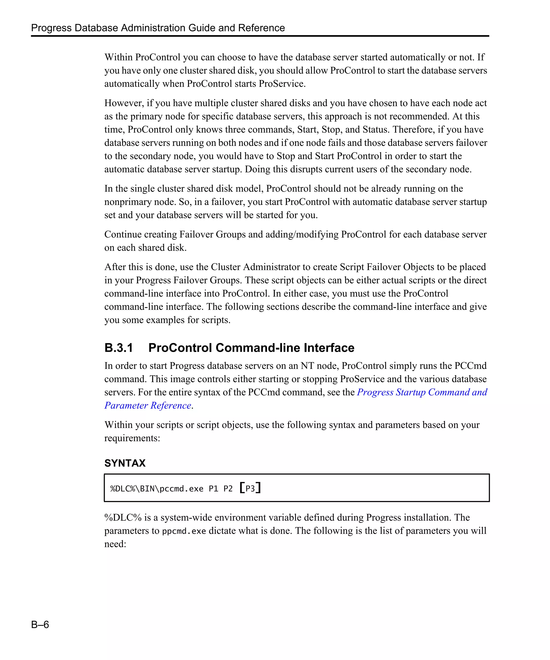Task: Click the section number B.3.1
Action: pyautogui.click(x=118, y=348)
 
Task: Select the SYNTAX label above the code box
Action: pyautogui.click(x=125, y=463)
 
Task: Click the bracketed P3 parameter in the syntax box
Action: pyautogui.click(x=250, y=488)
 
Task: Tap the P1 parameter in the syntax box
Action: pyautogui.click(x=214, y=489)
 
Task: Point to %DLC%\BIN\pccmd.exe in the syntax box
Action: pyautogui.click(x=157, y=489)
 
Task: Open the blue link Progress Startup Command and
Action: pyautogui.click(x=422, y=392)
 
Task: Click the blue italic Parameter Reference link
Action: pyautogui.click(x=148, y=405)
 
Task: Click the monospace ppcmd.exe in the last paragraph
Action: pyautogui.click(x=184, y=531)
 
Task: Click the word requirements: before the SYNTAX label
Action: pyautogui.click(x=132, y=438)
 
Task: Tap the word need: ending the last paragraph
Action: pyautogui.click(x=115, y=544)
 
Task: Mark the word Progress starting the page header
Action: pyautogui.click(x=51, y=28)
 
